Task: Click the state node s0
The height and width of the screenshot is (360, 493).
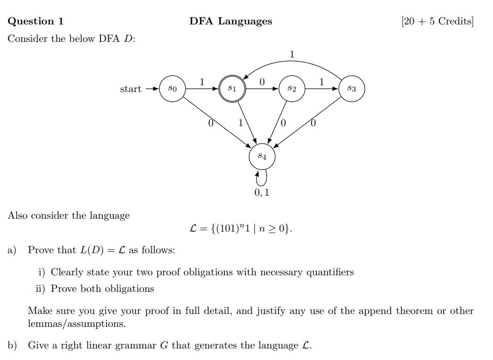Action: pyautogui.click(x=172, y=88)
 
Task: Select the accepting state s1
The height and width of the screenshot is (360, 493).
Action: pyautogui.click(x=232, y=88)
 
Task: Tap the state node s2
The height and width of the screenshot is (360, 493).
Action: pyautogui.click(x=292, y=88)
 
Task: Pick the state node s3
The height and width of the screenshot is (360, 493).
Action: pyautogui.click(x=352, y=88)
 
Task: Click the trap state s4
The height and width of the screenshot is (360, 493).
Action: pyautogui.click(x=262, y=157)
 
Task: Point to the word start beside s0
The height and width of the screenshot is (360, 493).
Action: pyautogui.click(x=130, y=89)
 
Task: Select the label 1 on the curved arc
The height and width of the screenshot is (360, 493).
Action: pyautogui.click(x=292, y=54)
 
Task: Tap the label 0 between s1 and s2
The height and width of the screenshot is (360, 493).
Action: pyautogui.click(x=262, y=82)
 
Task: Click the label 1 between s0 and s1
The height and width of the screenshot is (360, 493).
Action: pyautogui.click(x=202, y=82)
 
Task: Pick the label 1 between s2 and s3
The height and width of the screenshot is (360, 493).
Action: pyautogui.click(x=322, y=82)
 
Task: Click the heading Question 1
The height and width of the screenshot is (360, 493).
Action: pyautogui.click(x=36, y=21)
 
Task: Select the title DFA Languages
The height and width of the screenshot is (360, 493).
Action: pyautogui.click(x=230, y=21)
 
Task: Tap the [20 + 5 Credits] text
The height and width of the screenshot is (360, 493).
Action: pyautogui.click(x=437, y=21)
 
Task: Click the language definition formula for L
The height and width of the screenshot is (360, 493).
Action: pyautogui.click(x=241, y=228)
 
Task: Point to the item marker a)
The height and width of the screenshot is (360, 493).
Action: pyautogui.click(x=12, y=250)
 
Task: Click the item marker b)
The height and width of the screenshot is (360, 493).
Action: pyautogui.click(x=12, y=345)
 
